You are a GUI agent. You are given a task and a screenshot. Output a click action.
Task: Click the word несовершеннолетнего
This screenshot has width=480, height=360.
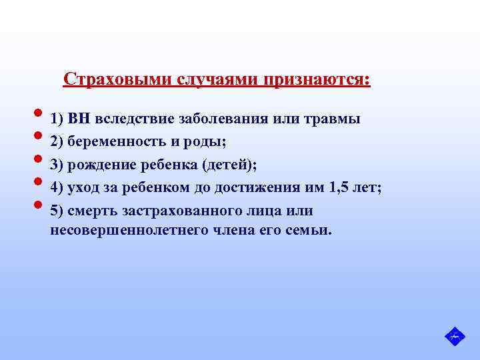click(x=133, y=231)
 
